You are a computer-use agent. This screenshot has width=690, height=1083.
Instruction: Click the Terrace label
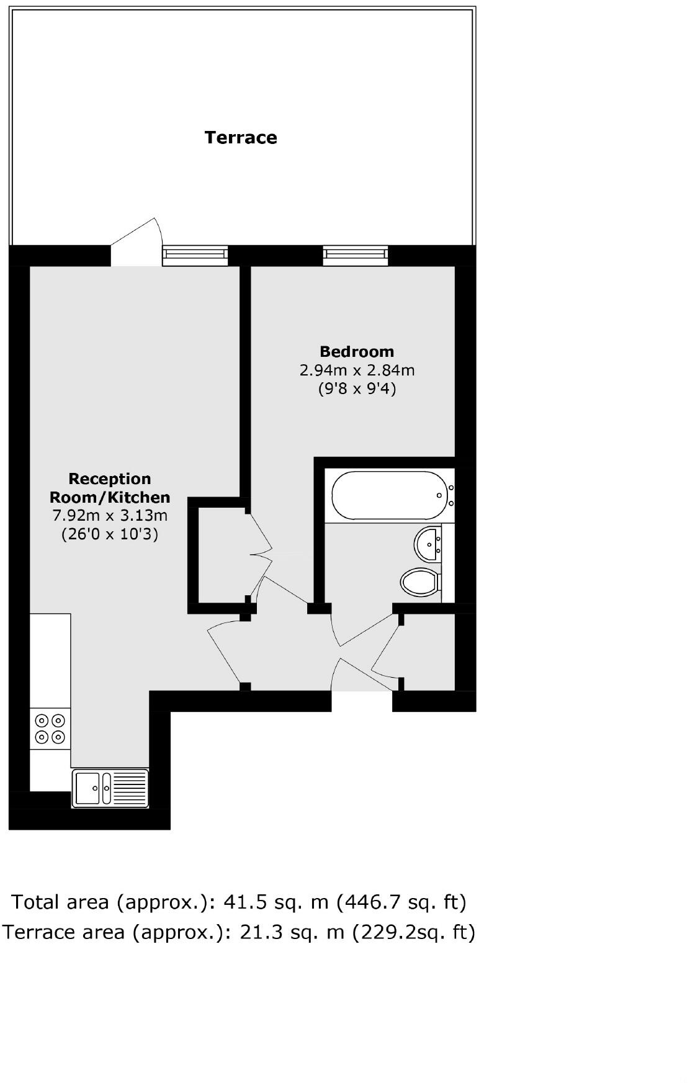coord(241,137)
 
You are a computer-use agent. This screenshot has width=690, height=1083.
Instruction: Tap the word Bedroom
coord(357,352)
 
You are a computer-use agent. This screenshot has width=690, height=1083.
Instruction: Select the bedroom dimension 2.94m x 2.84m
coord(357,371)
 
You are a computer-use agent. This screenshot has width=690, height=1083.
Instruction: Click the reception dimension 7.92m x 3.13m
coord(110,515)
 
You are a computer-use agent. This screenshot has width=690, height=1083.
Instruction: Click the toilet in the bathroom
coord(420,582)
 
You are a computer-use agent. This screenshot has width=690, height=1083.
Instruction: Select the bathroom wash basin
coord(428,544)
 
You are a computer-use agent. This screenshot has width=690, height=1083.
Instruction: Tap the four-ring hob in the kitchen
coord(50,729)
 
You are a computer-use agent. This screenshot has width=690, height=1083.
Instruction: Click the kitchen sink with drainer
coord(110,788)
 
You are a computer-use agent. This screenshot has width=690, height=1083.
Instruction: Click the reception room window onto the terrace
coord(195,255)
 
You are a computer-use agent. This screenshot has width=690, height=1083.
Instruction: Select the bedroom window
coord(356,255)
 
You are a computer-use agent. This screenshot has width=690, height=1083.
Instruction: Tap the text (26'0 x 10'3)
coord(110,534)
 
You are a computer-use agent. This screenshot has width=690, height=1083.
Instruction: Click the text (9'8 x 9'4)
coord(357,389)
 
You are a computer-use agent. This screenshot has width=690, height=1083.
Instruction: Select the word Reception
coord(110,479)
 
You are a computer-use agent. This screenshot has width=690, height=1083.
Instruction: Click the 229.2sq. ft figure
coord(414,932)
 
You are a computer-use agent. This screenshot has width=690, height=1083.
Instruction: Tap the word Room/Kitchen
coord(110,497)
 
